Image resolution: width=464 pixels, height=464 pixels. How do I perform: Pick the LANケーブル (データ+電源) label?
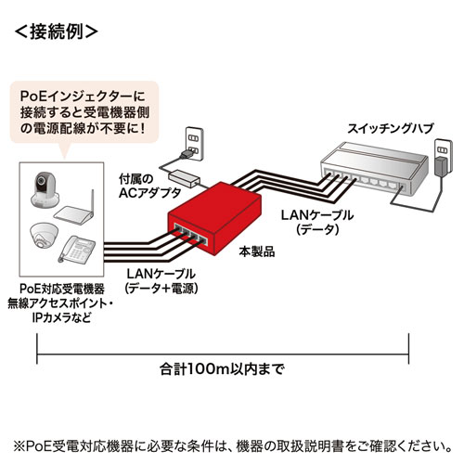[x=160, y=279]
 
